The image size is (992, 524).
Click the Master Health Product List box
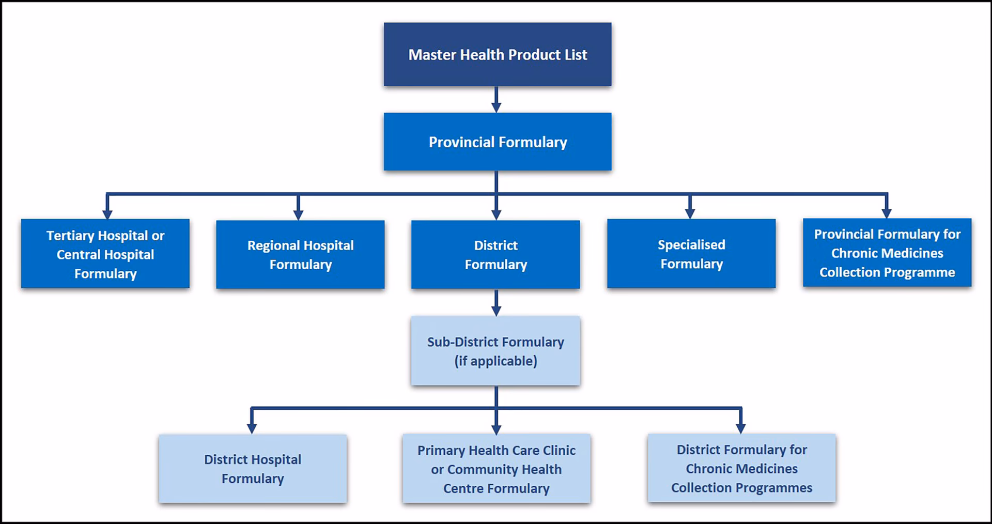(x=497, y=54)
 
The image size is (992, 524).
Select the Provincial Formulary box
(x=497, y=142)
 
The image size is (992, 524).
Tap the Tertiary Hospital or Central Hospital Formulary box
(x=105, y=254)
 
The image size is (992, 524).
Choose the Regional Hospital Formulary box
(x=300, y=254)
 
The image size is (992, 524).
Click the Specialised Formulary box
(x=691, y=254)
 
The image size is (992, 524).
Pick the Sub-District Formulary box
(x=495, y=351)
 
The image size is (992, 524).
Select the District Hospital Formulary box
(x=253, y=468)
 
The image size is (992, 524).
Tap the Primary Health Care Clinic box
(x=496, y=468)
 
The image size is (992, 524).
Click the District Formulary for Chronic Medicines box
(x=741, y=468)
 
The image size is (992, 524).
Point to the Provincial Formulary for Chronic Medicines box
(x=887, y=253)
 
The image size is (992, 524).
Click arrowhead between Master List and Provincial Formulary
(x=496, y=106)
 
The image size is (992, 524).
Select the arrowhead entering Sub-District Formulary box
(x=496, y=310)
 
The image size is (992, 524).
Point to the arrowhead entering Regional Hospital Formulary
(x=298, y=214)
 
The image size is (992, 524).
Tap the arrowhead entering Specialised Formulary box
(x=689, y=213)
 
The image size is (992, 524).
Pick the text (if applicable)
(x=495, y=361)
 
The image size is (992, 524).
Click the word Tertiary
(x=70, y=236)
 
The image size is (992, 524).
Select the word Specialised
(x=691, y=244)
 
